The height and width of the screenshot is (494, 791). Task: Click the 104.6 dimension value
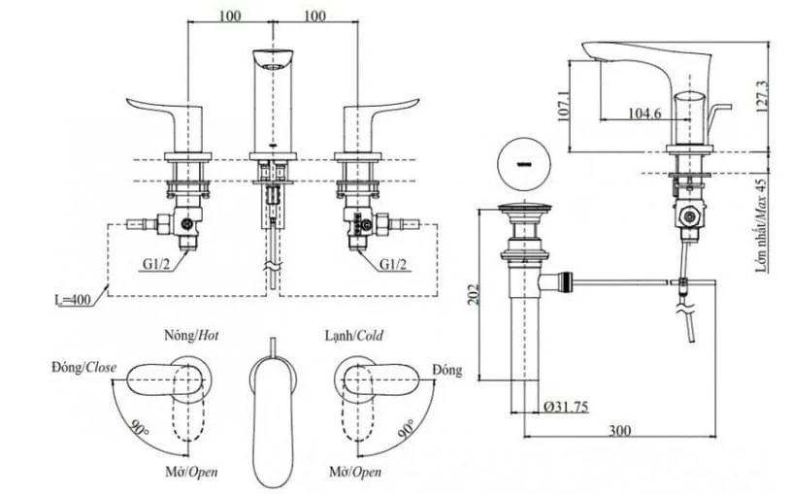(x=644, y=113)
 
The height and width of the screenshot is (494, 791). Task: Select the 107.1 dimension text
(x=564, y=106)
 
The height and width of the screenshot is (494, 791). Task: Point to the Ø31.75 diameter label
(x=566, y=407)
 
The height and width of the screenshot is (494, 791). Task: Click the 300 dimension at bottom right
(x=619, y=430)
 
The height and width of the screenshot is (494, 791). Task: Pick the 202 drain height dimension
(x=474, y=294)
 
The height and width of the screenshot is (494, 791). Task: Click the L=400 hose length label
(x=73, y=300)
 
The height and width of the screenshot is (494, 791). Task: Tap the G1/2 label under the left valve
(x=156, y=264)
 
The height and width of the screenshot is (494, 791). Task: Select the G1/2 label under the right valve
(x=393, y=264)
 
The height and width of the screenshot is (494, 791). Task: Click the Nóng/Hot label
(x=191, y=335)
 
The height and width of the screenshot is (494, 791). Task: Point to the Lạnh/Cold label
(x=353, y=336)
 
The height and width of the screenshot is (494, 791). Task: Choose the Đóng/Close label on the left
(x=83, y=368)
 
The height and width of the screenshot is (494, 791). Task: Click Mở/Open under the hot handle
(x=192, y=473)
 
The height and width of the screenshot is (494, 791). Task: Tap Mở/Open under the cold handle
(x=355, y=473)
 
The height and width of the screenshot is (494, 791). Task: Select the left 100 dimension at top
(x=229, y=16)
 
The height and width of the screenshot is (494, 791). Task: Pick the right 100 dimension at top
(x=314, y=16)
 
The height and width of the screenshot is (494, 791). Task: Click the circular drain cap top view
(x=524, y=164)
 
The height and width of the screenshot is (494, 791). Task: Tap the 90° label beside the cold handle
(x=406, y=428)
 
